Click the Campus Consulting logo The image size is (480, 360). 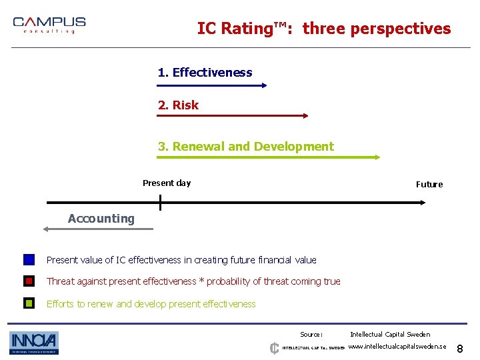pyautogui.click(x=49, y=25)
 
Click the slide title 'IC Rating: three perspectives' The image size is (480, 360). pyautogui.click(x=324, y=29)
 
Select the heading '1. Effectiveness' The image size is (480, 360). pyautogui.click(x=205, y=73)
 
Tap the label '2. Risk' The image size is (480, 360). pyautogui.click(x=178, y=105)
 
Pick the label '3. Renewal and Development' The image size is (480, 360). pyautogui.click(x=245, y=147)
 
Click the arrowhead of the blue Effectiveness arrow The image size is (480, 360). pyautogui.click(x=265, y=85)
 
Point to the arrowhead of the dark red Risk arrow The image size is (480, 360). pyautogui.click(x=305, y=115)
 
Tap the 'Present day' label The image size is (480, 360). pyautogui.click(x=167, y=183)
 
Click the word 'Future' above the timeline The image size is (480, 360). pyautogui.click(x=429, y=185)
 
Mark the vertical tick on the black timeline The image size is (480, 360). pyautogui.click(x=160, y=202)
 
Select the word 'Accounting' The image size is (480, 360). pyautogui.click(x=101, y=219)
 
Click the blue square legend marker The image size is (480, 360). pyautogui.click(x=29, y=260)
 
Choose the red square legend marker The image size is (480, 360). pyautogui.click(x=29, y=281)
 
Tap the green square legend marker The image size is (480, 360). pyautogui.click(x=29, y=303)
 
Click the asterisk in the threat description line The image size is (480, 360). pyautogui.click(x=202, y=281)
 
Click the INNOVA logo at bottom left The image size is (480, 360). pyautogui.click(x=34, y=343)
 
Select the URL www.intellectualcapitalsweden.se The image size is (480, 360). pyautogui.click(x=397, y=347)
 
